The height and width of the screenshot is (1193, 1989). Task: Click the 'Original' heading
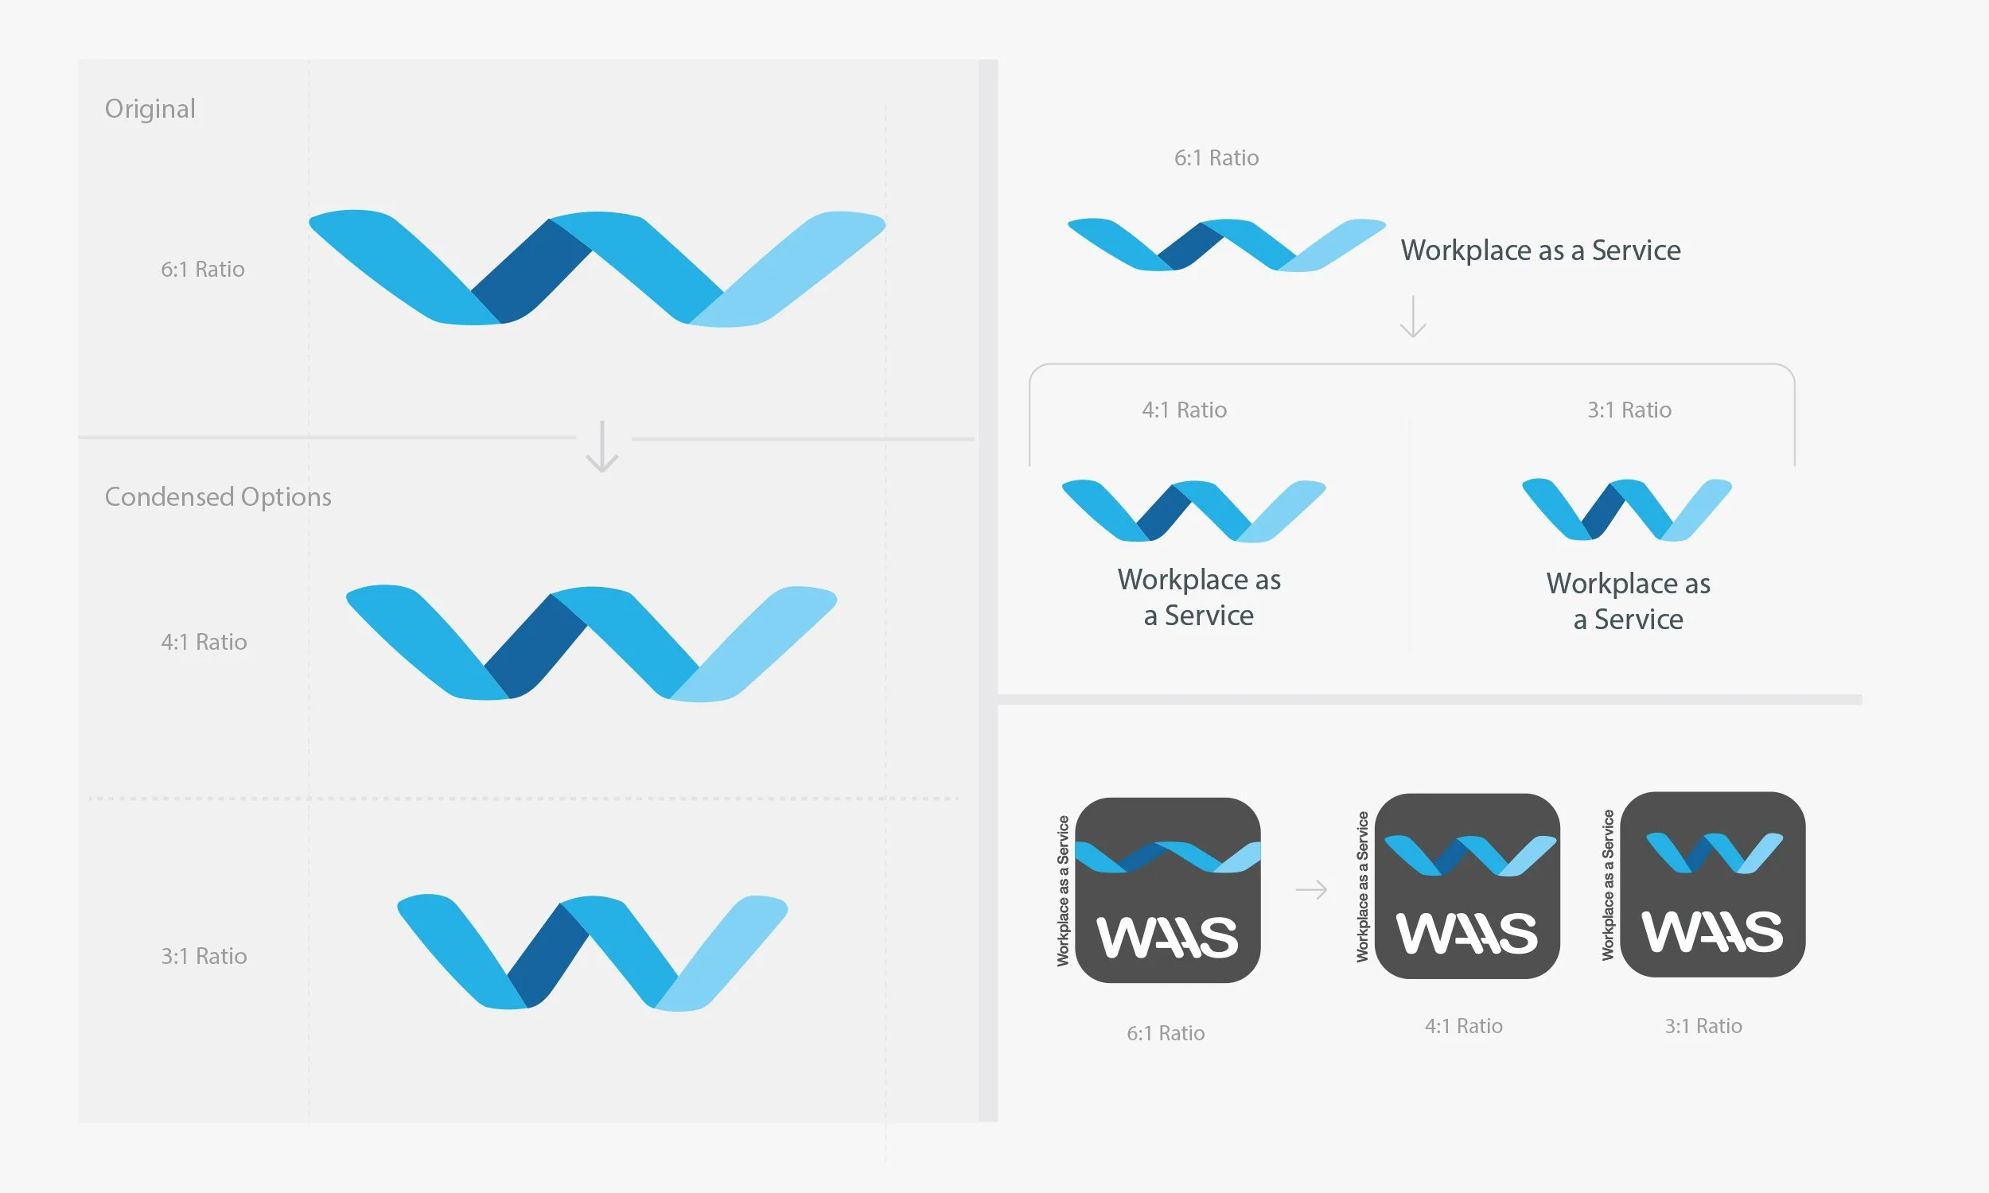[150, 108]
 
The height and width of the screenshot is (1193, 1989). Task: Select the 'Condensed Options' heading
[218, 497]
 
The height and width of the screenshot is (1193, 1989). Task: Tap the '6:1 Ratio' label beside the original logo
[203, 270]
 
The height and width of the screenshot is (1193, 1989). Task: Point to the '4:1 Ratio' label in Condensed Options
[204, 643]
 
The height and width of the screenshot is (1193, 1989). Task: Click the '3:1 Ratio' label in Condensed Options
[204, 956]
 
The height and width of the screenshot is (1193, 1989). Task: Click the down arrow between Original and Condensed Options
[602, 446]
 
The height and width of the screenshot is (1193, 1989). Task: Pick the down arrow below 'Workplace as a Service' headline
[1412, 317]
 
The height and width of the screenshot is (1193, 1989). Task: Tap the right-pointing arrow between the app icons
[1311, 890]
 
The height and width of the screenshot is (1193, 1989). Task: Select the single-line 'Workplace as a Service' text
[1540, 250]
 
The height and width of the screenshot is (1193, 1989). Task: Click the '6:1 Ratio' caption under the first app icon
[1166, 1033]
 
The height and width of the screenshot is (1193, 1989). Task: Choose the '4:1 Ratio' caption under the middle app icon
[1463, 1026]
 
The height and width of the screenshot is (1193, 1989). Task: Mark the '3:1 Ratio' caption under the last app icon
[1703, 1026]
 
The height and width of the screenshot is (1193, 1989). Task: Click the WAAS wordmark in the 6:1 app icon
[1167, 938]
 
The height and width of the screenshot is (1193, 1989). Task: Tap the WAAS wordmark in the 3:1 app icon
[1712, 933]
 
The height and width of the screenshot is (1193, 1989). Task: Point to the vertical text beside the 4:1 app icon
[1362, 887]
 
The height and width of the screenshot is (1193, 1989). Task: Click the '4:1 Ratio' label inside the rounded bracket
[1184, 410]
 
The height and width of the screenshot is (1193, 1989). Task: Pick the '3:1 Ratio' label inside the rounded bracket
[1629, 410]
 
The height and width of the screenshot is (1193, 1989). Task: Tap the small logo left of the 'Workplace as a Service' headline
[1225, 244]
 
